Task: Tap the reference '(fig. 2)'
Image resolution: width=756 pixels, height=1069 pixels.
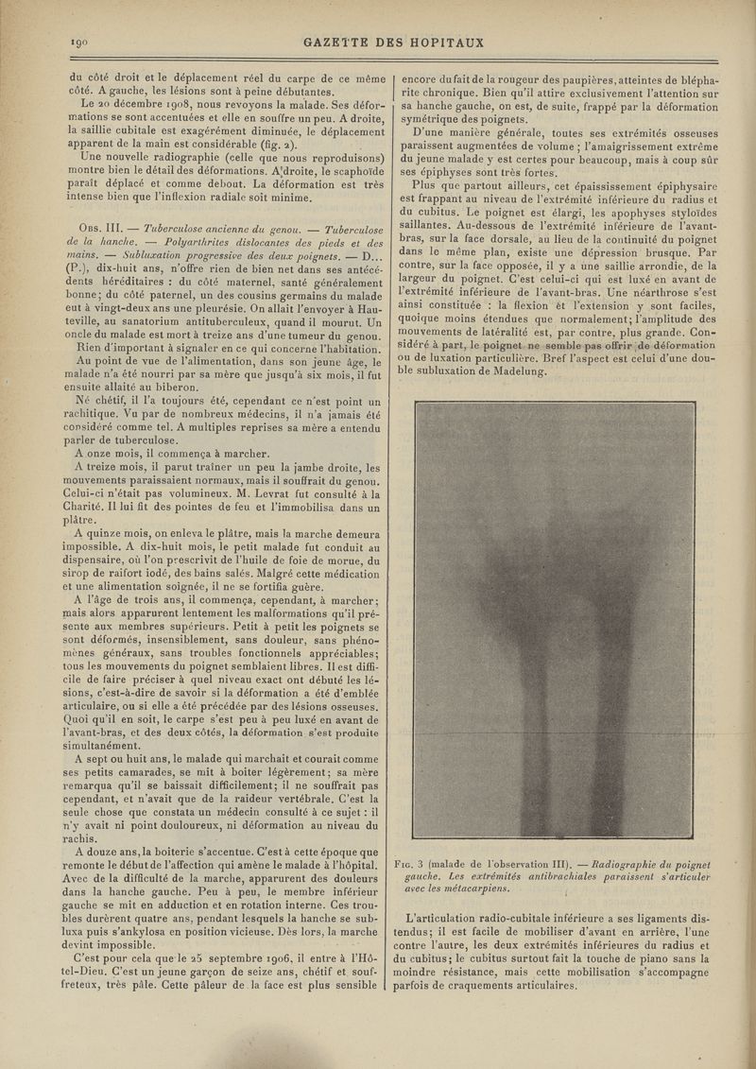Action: [277, 147]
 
